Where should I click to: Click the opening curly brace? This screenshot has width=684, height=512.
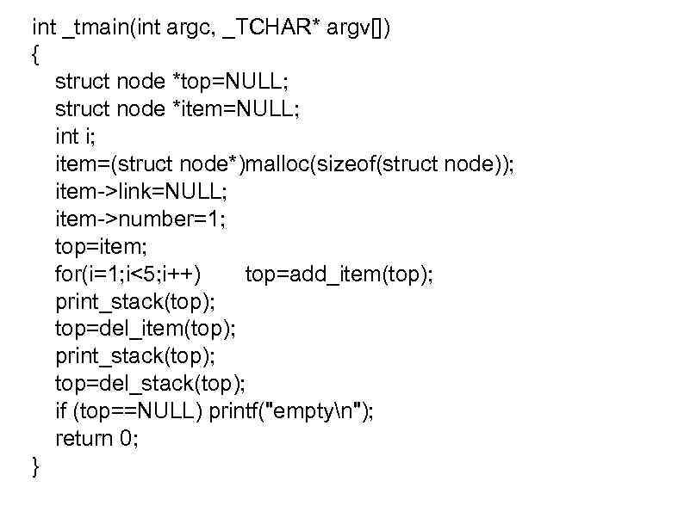point(34,55)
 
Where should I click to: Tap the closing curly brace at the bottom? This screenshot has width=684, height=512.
point(34,466)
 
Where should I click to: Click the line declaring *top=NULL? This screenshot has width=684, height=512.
point(172,82)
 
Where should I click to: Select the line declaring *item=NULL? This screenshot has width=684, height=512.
point(177,109)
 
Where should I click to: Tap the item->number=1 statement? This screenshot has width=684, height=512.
point(140,219)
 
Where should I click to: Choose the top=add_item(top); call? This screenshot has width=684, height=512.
point(339,275)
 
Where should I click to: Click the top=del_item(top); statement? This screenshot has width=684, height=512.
point(146,329)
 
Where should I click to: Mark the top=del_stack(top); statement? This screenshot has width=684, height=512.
point(151,384)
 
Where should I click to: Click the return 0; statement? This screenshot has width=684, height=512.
point(96,439)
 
